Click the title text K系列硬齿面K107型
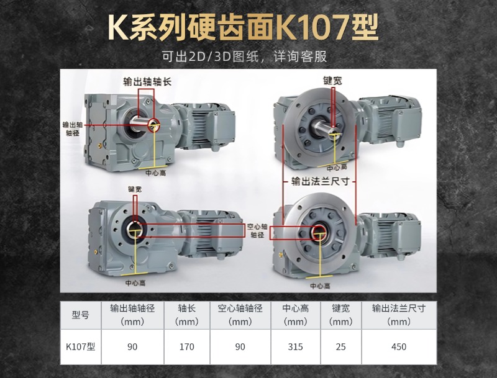pyautogui.click(x=243, y=27)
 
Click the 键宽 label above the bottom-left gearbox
pyautogui.click(x=135, y=189)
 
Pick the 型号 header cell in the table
pyautogui.click(x=81, y=315)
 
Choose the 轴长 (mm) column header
pyautogui.click(x=187, y=315)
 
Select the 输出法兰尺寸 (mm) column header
pyautogui.click(x=398, y=315)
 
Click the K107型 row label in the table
pyautogui.click(x=81, y=347)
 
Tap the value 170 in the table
pyautogui.click(x=187, y=347)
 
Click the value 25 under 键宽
pyautogui.click(x=340, y=347)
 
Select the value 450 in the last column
pyautogui.click(x=398, y=347)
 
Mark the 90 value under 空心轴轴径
pyautogui.click(x=240, y=347)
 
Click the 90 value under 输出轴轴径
pyautogui.click(x=132, y=347)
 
